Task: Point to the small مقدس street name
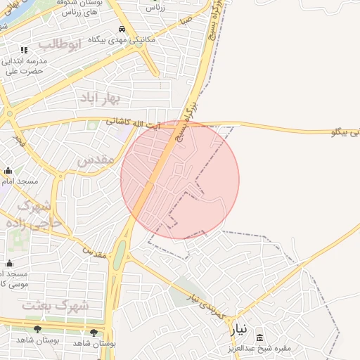click(95, 251)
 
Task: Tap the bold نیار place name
click(239, 328)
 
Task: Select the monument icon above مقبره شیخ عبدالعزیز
click(260, 337)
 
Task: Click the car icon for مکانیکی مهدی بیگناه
click(122, 30)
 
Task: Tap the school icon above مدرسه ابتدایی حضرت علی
click(24, 50)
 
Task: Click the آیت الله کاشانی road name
click(134, 123)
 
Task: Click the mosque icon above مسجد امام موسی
click(8, 264)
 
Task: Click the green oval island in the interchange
click(120, 253)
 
